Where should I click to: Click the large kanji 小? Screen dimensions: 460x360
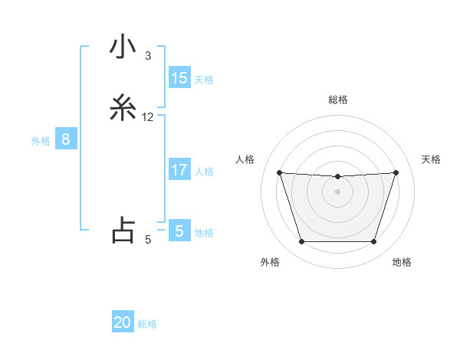coord(123,48)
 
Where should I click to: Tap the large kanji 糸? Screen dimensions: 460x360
coord(123,109)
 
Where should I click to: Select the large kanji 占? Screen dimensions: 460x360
coord(123,231)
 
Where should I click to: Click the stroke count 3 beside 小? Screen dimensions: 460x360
coord(148,56)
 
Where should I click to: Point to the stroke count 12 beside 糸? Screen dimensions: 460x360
coord(148,117)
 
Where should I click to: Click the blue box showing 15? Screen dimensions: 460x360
coord(179,78)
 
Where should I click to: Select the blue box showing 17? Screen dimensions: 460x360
coord(179,170)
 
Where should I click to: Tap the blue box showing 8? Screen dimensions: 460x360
coord(66,139)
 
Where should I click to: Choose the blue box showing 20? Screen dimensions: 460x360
coord(123,322)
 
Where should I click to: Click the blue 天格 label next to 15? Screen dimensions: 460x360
coord(204,80)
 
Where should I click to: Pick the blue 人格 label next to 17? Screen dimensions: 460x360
coord(204,172)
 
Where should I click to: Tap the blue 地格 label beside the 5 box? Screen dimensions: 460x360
coord(204,233)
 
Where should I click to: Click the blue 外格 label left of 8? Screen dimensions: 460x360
coord(41,141)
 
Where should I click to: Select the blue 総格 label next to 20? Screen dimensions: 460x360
coord(147,324)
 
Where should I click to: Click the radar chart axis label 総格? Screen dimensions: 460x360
coord(337,100)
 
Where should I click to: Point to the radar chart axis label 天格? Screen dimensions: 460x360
coord(431,159)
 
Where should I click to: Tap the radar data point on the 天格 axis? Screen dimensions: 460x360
coord(396,172)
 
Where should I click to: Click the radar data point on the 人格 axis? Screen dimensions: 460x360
coord(279,172)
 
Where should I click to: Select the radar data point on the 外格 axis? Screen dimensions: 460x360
coord(301,242)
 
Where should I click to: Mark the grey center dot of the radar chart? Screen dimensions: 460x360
coord(337,191)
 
